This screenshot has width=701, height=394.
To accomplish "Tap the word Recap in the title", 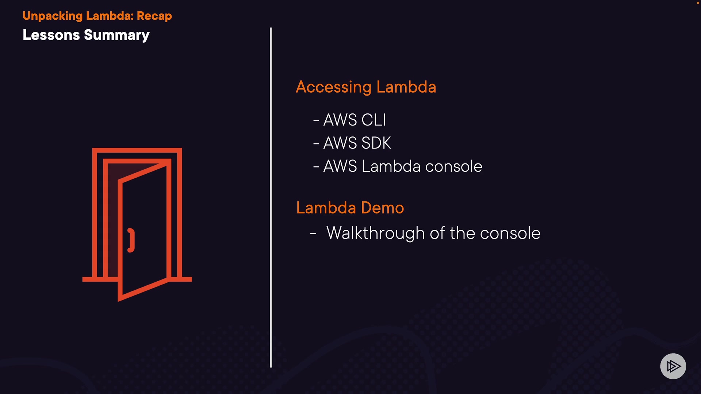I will click(x=154, y=16).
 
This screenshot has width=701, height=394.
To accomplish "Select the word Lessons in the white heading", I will click(x=51, y=35).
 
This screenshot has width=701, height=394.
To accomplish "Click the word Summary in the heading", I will click(x=116, y=35).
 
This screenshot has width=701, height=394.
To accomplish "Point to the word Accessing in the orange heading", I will click(x=334, y=87).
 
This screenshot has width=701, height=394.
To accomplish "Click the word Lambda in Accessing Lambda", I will click(x=406, y=87).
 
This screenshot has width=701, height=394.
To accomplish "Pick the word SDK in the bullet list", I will click(x=376, y=143).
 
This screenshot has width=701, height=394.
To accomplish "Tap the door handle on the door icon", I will click(x=131, y=240).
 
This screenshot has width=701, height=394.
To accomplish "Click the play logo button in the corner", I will click(x=673, y=366).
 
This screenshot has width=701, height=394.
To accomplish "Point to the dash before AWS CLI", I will click(x=316, y=120).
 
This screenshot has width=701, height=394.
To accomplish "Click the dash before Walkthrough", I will click(x=313, y=233).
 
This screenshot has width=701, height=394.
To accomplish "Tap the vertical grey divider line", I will click(x=271, y=197).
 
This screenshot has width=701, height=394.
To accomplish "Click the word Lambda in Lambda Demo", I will click(x=326, y=208).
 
